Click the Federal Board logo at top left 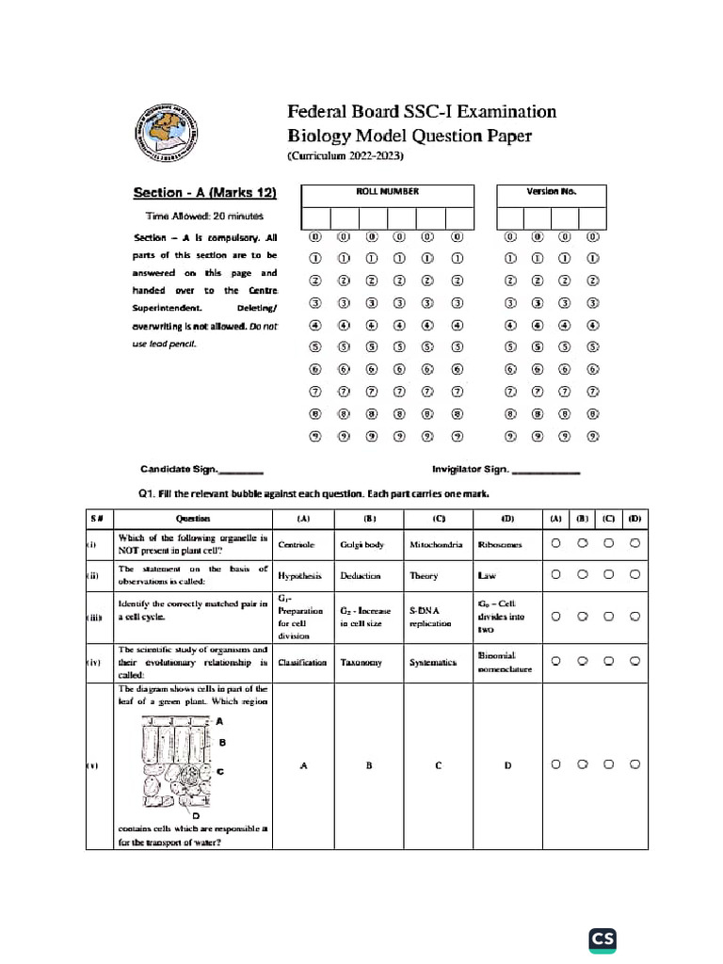pos(164,135)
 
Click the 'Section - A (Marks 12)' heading pos(205,193)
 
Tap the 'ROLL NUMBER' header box pos(387,192)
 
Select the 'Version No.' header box pos(551,192)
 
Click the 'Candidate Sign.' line pos(201,469)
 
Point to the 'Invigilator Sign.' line pos(506,469)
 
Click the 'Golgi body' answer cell pos(369,544)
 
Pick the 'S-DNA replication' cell pos(438,617)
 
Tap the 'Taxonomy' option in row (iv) pos(369,663)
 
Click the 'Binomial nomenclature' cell pos(507,663)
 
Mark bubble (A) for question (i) pos(556,543)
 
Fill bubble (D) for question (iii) pos(635,616)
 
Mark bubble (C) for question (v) pos(609,764)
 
